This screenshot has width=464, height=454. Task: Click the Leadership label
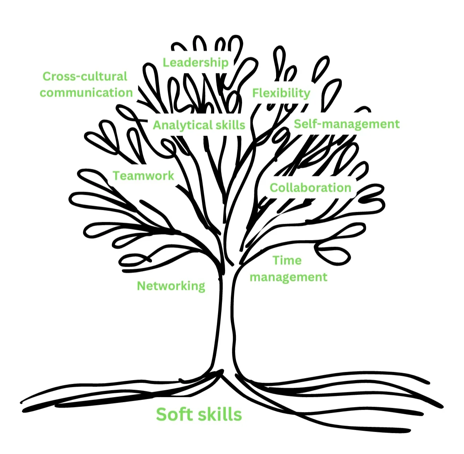[x=195, y=63]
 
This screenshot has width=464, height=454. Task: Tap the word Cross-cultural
[x=85, y=77]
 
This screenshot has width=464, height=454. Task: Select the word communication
[x=86, y=93]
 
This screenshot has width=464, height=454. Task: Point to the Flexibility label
[x=281, y=93]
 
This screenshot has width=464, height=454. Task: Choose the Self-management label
[x=346, y=124]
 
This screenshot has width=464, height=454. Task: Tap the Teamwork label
[x=143, y=176]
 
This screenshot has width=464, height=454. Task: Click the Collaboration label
[x=310, y=188]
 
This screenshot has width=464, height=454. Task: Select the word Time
[x=287, y=260]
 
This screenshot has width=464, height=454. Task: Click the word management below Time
[x=288, y=277]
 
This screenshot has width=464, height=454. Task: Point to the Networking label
[x=171, y=286]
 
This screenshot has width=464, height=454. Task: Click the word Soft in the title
[x=174, y=414]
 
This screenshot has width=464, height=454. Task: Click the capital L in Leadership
[x=165, y=63]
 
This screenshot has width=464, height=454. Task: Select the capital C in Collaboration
[x=274, y=188]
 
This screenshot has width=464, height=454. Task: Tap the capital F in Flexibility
[x=256, y=93]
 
